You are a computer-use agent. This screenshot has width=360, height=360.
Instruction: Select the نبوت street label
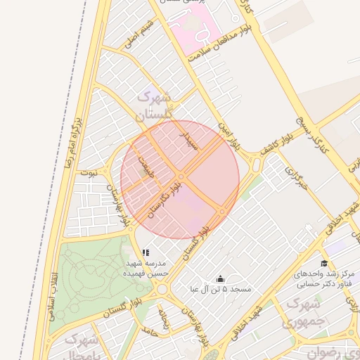click(89, 171)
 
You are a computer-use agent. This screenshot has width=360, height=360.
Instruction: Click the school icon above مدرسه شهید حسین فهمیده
click(146, 252)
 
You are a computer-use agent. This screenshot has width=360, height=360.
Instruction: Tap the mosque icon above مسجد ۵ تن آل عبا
click(221, 278)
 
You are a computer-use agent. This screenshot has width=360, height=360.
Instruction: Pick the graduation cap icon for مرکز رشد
click(324, 262)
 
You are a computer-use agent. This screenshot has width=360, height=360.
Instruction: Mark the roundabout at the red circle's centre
click(181, 176)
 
